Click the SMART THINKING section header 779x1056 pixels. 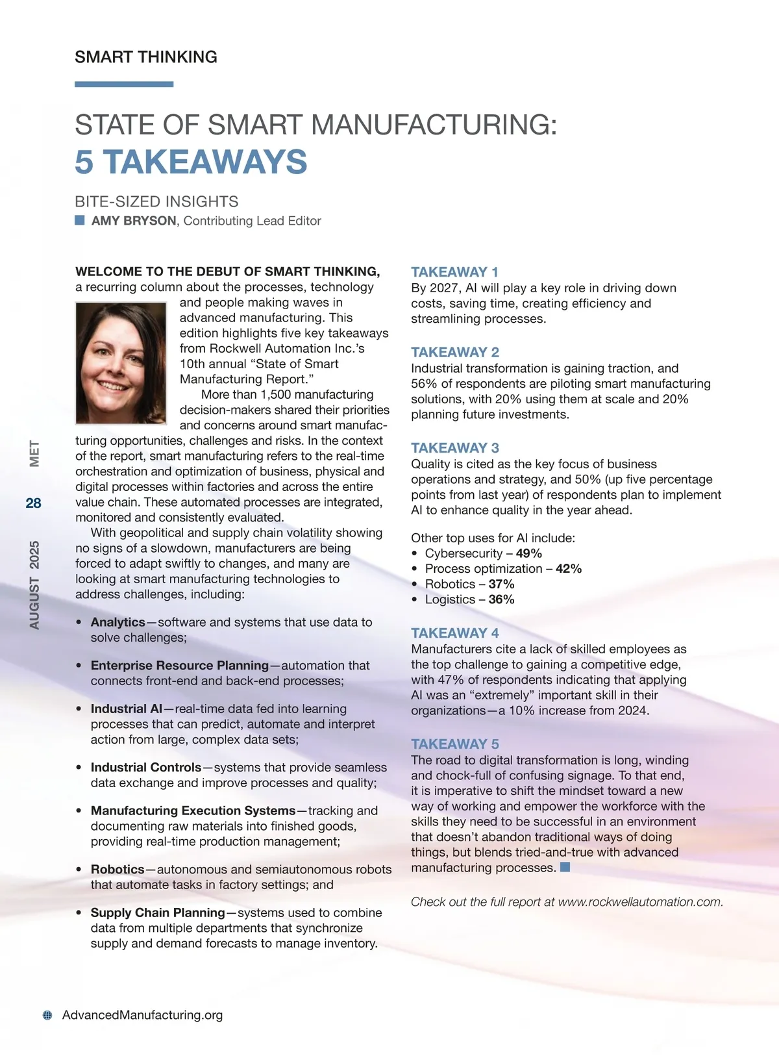click(x=146, y=57)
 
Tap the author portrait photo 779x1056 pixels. click(x=121, y=363)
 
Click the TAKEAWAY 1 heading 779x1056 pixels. click(x=454, y=272)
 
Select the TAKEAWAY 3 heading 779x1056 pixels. click(x=454, y=448)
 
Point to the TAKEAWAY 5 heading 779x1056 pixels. click(x=454, y=744)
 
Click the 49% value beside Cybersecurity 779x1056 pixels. click(x=528, y=553)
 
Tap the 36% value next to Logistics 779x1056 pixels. click(x=501, y=599)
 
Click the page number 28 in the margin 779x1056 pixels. click(x=33, y=503)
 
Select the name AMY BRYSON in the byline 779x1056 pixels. click(x=134, y=221)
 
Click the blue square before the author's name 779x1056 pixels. click(x=80, y=220)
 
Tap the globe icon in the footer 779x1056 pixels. click(x=47, y=1015)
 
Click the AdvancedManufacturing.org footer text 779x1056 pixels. click(x=142, y=1015)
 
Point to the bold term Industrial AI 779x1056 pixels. click(x=127, y=709)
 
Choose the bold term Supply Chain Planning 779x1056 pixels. click(x=158, y=913)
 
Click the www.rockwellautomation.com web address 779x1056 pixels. click(x=640, y=902)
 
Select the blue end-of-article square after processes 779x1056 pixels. click(x=565, y=867)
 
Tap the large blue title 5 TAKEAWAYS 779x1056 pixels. click(x=191, y=162)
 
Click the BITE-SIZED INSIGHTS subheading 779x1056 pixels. click(x=156, y=202)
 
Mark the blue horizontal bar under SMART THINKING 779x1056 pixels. click(x=124, y=84)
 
